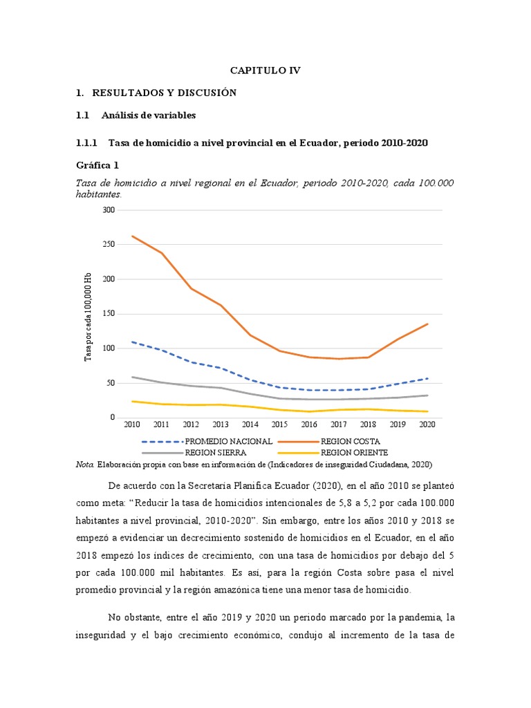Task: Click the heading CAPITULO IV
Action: pyautogui.click(x=265, y=71)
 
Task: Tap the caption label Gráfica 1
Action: pyautogui.click(x=97, y=165)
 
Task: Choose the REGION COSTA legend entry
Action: pyautogui.click(x=351, y=441)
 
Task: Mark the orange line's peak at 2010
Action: pyautogui.click(x=131, y=236)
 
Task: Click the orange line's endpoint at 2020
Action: pyautogui.click(x=428, y=324)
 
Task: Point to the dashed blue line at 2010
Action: pyautogui.click(x=131, y=342)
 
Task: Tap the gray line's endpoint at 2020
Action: pyautogui.click(x=428, y=395)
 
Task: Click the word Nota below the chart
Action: pyautogui.click(x=84, y=465)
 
